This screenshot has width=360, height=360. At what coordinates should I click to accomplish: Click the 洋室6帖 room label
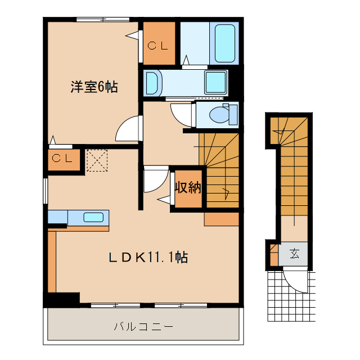coord(94,87)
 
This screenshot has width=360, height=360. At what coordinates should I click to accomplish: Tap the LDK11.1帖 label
coord(148,258)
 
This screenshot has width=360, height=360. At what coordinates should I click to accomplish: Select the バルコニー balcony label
coord(143,326)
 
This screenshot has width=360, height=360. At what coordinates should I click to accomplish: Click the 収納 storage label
coord(187,188)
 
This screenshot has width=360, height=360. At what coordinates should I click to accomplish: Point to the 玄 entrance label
coord(294,254)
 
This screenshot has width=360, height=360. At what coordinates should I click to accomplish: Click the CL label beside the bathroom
coord(158,46)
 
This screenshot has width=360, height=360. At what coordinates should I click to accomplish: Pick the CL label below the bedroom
coord(62,159)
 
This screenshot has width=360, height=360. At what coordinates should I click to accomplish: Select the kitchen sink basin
coord(93,217)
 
